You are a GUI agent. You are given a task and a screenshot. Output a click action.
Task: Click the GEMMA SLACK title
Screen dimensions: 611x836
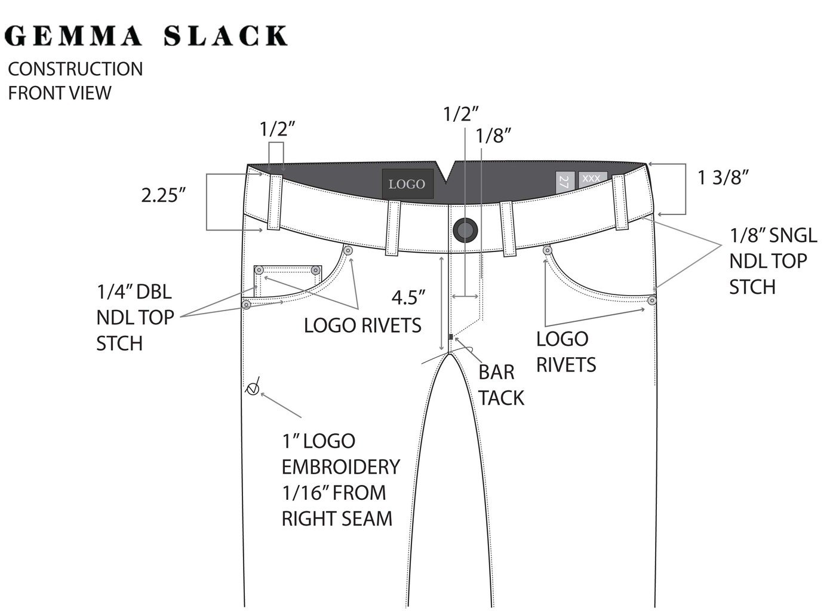point(146,36)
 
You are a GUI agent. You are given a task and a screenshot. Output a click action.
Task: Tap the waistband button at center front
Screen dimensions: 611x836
point(465,230)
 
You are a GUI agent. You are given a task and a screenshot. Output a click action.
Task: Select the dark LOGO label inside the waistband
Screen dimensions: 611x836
point(407,184)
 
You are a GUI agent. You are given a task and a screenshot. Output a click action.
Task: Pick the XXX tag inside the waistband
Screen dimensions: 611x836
point(592,179)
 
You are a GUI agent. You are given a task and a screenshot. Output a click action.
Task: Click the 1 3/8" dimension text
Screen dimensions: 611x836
point(724,177)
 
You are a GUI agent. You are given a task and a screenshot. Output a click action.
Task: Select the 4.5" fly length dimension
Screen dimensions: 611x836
point(408,297)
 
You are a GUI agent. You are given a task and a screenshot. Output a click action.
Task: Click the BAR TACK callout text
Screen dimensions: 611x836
point(501,385)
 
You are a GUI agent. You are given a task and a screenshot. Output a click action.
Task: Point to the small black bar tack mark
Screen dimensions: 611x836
point(450,337)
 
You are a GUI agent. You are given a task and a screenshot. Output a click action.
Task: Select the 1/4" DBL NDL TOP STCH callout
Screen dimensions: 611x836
point(136,318)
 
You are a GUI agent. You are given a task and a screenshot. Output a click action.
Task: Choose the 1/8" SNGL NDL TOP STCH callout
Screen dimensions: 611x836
point(773,261)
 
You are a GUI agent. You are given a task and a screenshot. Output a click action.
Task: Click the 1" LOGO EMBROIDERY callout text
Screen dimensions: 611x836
point(340,480)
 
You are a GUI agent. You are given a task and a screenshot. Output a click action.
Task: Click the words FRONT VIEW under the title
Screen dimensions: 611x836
point(60,93)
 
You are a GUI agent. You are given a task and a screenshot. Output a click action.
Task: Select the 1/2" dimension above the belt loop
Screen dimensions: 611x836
point(278,129)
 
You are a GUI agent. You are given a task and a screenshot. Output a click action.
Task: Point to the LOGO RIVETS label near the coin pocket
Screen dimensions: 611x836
point(362,326)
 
